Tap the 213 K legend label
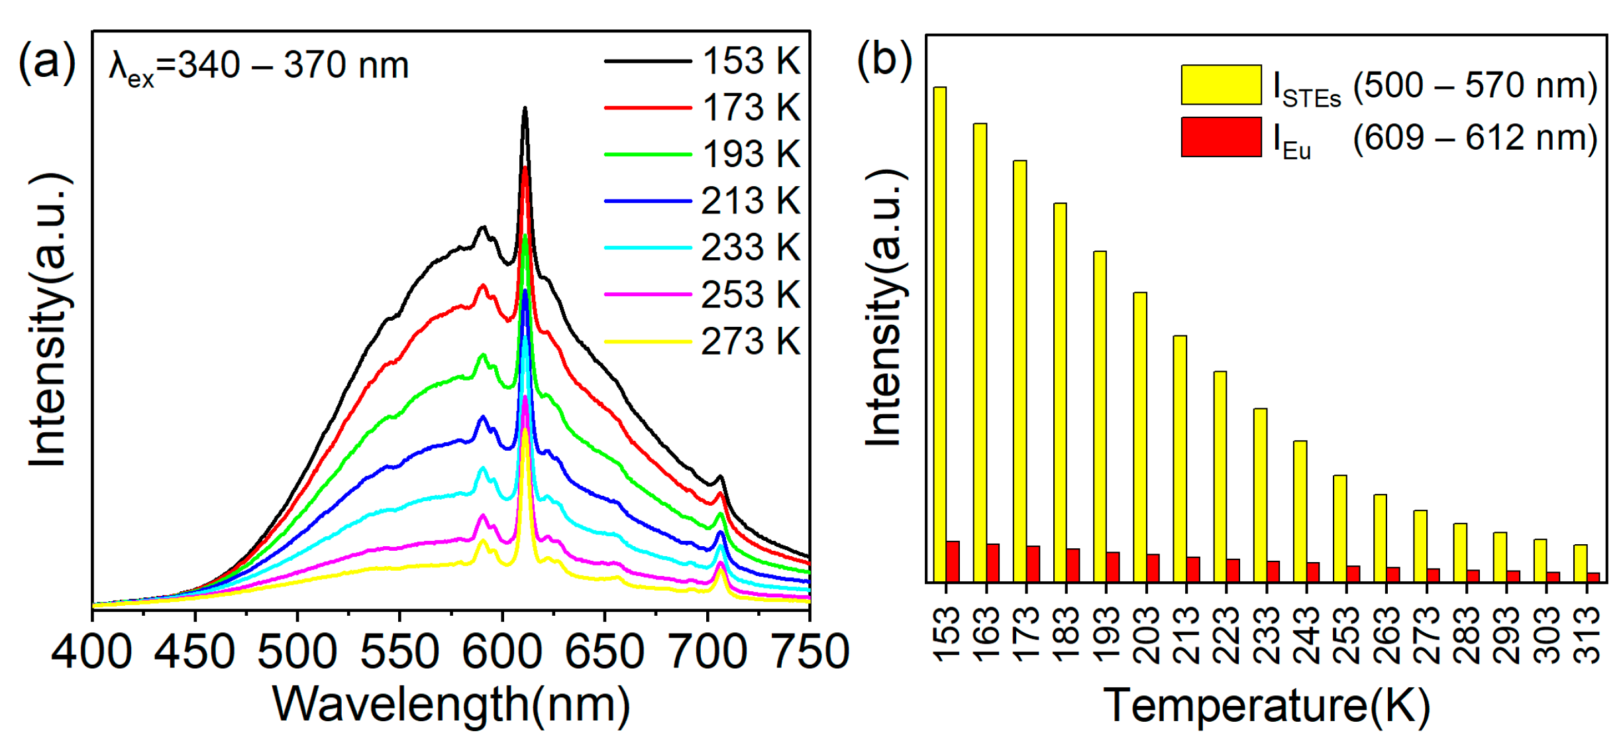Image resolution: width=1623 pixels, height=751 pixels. pos(751,201)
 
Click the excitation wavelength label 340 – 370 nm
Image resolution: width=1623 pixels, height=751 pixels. pos(259,66)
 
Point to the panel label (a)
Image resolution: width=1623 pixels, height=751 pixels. pos(47,62)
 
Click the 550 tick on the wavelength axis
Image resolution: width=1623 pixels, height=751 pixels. pos(399,652)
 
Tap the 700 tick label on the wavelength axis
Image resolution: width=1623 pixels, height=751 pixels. pos(707,652)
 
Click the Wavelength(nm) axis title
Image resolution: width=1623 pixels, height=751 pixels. pos(451,704)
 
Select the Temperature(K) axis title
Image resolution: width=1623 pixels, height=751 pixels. pos(1266,705)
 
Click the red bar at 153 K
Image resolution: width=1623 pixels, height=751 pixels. pos(953,561)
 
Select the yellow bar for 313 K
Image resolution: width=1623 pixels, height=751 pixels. pos(1580,563)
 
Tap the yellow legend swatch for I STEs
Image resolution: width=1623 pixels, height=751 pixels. pos(1221,85)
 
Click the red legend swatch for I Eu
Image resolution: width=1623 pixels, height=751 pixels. pos(1221,137)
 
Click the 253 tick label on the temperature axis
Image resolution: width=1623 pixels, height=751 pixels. pos(1347,636)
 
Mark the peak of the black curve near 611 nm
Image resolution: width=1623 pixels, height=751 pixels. pos(525,109)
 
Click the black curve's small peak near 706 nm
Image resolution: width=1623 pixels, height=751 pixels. pos(720,477)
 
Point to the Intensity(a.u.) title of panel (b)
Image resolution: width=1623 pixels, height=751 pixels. pos(884,308)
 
